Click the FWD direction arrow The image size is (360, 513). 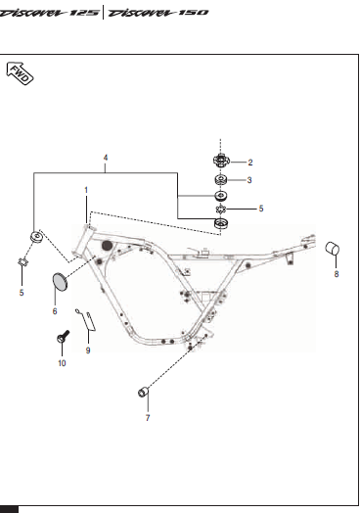[x=20, y=73]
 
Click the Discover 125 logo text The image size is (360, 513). [x=49, y=13]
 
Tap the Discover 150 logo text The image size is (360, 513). [x=157, y=13]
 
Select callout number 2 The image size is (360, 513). [x=250, y=163]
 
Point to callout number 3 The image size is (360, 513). [x=249, y=180]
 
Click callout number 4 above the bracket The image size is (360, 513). [x=106, y=158]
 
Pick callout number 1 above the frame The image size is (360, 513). [x=86, y=190]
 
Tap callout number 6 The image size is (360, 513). [x=55, y=311]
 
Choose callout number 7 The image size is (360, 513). [x=148, y=418]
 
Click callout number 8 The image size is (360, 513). [x=337, y=274]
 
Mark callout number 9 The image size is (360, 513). [x=88, y=350]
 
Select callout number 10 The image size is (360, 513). [x=62, y=363]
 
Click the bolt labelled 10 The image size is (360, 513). [x=63, y=337]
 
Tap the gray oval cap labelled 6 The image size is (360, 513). [x=60, y=282]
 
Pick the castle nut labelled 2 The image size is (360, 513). [x=221, y=161]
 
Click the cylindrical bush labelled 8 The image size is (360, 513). [x=333, y=249]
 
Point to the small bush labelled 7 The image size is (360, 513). [x=143, y=392]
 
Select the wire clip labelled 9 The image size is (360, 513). [x=86, y=320]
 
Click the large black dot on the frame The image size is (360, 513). [x=108, y=246]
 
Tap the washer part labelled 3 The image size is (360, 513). [x=221, y=179]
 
